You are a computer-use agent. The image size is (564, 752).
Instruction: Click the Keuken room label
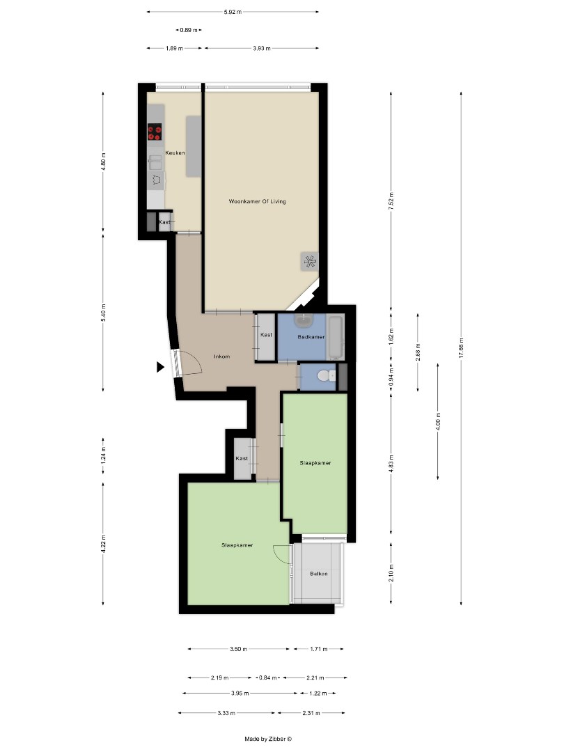(175, 152)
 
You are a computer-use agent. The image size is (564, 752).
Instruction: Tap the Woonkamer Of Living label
(257, 202)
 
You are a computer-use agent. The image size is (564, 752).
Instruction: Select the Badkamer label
(311, 336)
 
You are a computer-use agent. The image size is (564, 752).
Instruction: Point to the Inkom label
(222, 357)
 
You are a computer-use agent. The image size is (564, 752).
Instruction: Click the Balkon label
(319, 574)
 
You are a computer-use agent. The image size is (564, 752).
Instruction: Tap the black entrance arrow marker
(160, 366)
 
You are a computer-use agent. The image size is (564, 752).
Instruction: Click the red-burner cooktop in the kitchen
(155, 132)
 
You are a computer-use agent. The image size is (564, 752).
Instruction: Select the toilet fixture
(324, 376)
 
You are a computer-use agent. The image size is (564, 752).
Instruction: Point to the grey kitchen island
(194, 146)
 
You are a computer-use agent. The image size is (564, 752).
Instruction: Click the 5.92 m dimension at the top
(233, 12)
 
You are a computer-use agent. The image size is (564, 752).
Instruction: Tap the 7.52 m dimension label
(391, 200)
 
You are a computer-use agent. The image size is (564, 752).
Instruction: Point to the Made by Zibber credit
(268, 739)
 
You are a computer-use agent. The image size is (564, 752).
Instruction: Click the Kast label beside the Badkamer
(266, 335)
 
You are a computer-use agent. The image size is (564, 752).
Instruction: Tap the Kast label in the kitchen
(164, 222)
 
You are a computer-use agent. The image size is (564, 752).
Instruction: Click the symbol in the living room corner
(309, 261)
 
